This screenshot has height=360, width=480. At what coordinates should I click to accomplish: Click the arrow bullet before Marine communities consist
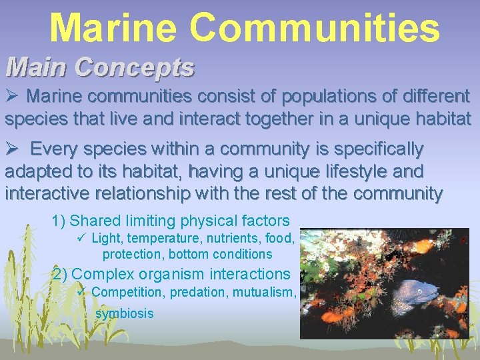pos(13,97)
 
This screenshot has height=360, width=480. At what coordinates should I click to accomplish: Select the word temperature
pos(160,239)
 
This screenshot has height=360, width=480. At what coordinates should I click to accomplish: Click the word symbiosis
pos(125,313)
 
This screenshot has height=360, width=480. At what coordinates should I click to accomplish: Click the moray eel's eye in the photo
pos(419,291)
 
